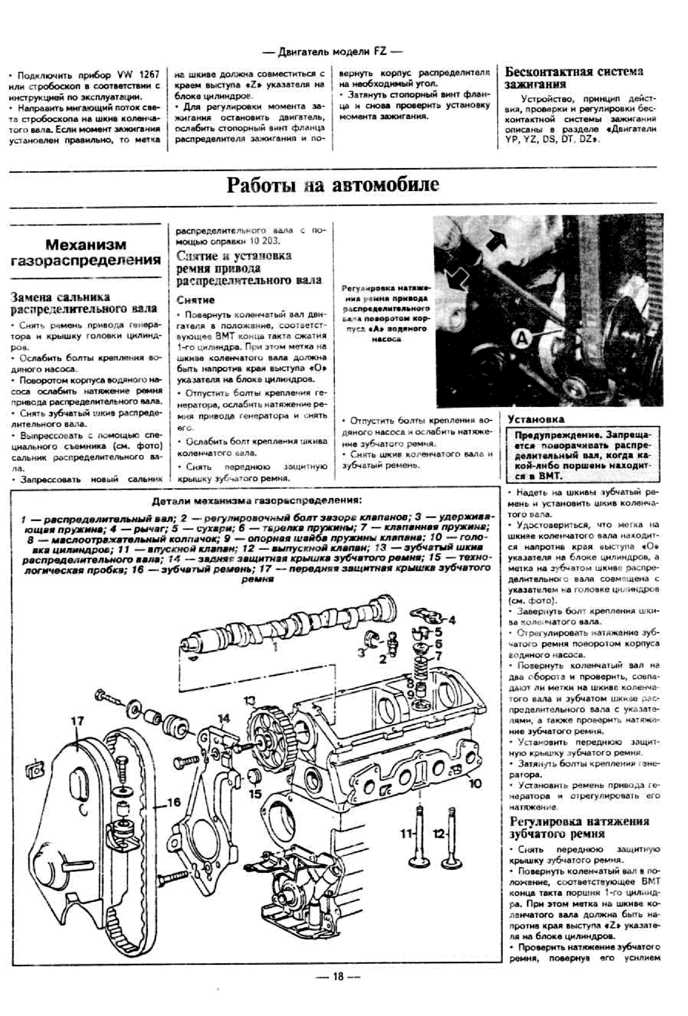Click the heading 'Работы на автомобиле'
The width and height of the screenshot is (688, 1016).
click(332, 185)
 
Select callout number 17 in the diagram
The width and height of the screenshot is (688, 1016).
click(77, 721)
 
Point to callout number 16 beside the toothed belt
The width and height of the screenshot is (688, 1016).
click(173, 801)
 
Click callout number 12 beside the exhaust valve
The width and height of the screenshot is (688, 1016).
click(439, 834)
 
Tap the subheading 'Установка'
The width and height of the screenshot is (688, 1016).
click(535, 419)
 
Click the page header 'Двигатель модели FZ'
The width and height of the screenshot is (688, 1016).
click(332, 52)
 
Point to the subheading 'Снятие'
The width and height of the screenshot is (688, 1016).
click(195, 300)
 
